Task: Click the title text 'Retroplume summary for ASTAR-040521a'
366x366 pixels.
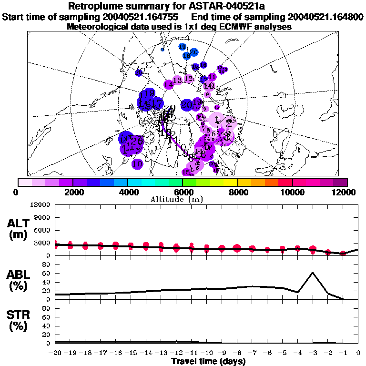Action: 183,6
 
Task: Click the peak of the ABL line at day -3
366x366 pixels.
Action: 313,273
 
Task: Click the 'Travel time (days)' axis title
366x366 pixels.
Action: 208,361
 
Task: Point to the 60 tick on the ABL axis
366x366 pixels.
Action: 47,273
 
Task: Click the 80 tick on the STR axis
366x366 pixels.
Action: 47,308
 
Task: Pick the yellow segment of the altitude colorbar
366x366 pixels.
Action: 231,182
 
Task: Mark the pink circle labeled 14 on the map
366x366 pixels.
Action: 168,84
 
